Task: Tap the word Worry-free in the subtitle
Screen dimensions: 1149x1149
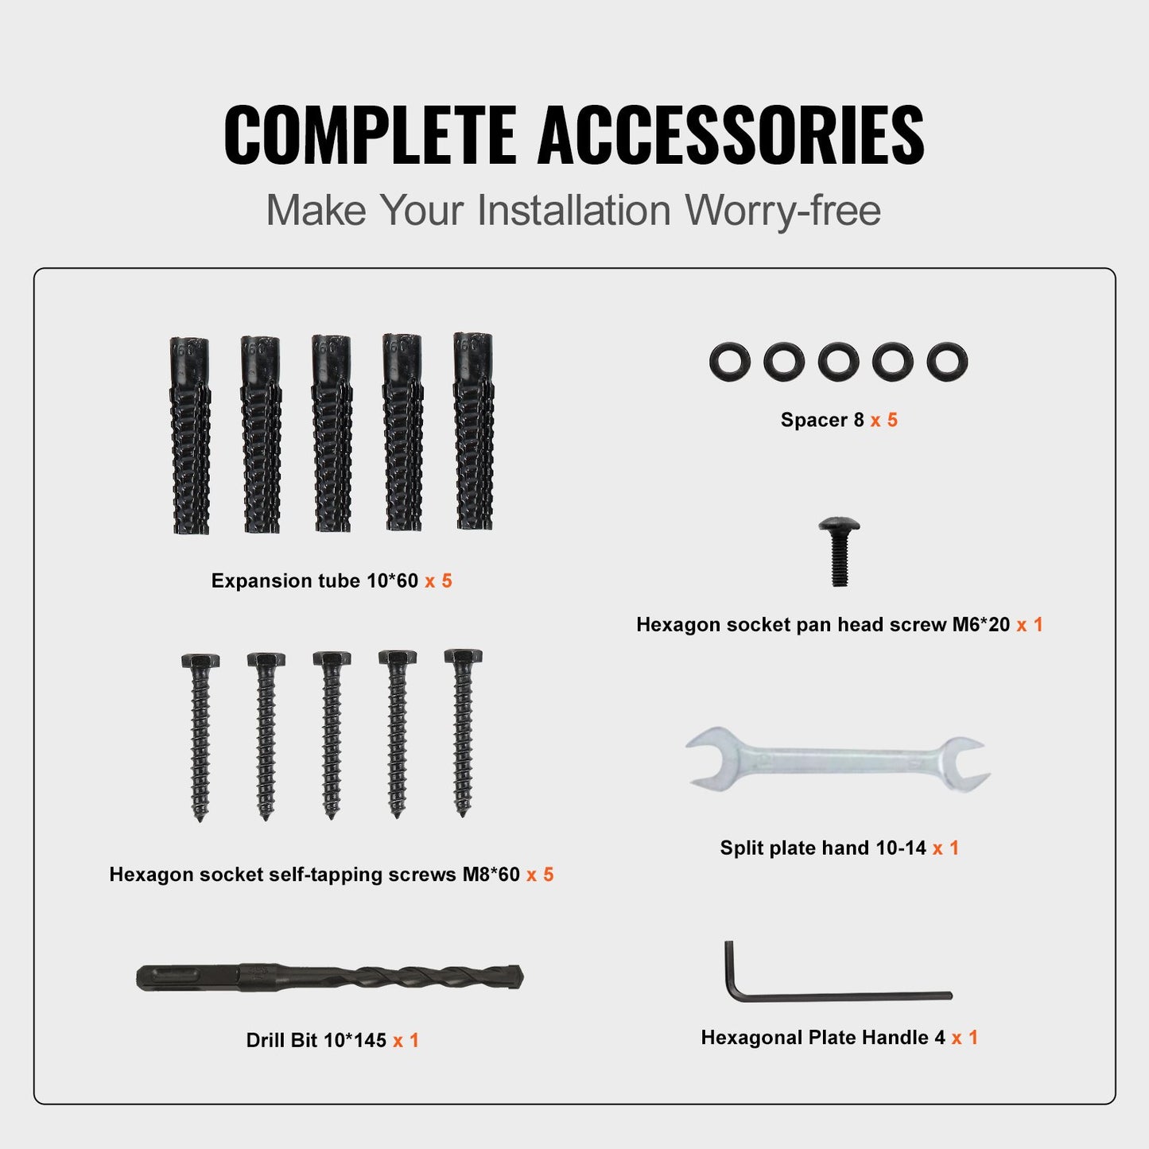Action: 783,211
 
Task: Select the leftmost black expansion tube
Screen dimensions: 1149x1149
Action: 190,436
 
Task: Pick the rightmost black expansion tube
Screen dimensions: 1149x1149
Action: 474,431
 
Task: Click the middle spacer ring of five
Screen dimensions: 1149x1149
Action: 838,362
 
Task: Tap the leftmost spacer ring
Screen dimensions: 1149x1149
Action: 729,362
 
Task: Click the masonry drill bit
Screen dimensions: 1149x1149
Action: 330,977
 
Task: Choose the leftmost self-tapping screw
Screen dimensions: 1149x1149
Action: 200,736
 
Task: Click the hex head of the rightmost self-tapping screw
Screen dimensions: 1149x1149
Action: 463,657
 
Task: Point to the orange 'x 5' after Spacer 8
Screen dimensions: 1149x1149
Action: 883,420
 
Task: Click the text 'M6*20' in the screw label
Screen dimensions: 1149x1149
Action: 980,625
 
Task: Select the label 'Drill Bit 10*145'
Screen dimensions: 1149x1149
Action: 316,1040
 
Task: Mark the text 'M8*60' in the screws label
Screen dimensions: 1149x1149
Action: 491,875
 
